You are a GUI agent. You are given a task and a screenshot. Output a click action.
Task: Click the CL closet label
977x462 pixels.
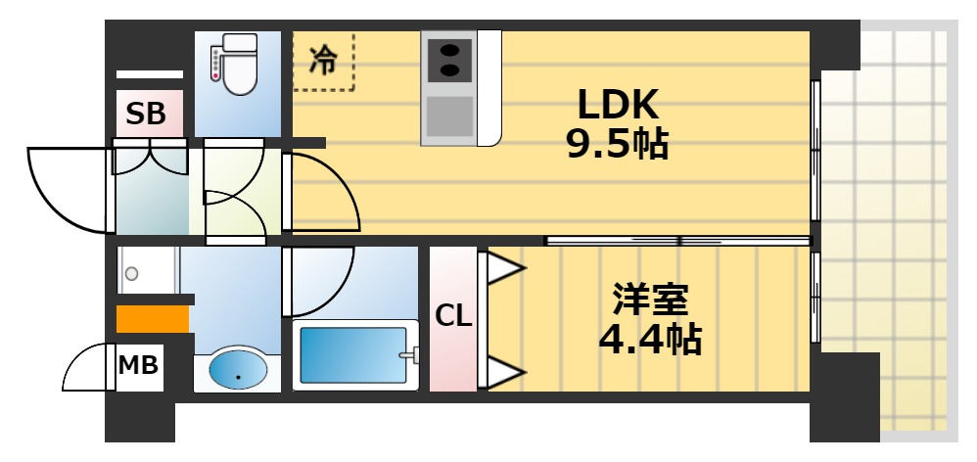(453, 316)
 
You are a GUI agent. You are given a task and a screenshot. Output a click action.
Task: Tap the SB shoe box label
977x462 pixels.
(147, 115)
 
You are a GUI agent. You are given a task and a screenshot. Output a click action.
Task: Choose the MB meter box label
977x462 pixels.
(138, 366)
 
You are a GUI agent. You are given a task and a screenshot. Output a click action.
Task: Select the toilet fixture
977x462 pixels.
(234, 66)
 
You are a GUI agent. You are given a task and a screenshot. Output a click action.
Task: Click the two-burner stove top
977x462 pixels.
(449, 57)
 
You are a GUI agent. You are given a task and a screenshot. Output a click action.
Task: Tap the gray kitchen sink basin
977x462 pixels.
(449, 115)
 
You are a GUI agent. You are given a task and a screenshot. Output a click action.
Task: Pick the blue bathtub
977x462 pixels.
(353, 354)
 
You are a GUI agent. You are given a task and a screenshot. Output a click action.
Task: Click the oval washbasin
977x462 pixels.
(238, 370)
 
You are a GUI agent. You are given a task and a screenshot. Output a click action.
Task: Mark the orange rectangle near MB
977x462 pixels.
(152, 319)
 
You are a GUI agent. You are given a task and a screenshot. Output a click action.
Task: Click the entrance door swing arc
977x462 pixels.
(67, 191)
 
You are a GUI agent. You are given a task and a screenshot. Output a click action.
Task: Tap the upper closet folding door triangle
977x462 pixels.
(503, 269)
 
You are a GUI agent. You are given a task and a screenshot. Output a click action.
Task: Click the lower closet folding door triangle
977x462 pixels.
(503, 371)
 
